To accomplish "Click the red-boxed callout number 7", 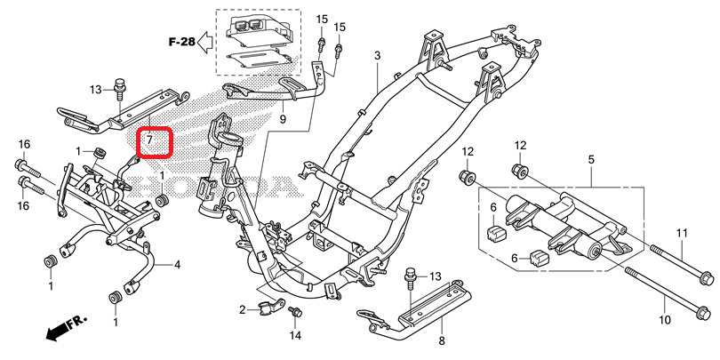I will pyautogui.click(x=151, y=140).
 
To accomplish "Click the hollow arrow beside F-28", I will pyautogui.click(x=204, y=41).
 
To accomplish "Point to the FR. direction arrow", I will pyautogui.click(x=59, y=331).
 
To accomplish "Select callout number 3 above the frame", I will pyautogui.click(x=377, y=56).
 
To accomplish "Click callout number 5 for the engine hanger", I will pyautogui.click(x=590, y=159).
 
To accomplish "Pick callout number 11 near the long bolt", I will pyautogui.click(x=683, y=233).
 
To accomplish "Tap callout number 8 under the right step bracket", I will pyautogui.click(x=442, y=340).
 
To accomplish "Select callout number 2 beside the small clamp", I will pyautogui.click(x=241, y=309).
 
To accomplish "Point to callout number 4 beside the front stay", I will pyautogui.click(x=177, y=265).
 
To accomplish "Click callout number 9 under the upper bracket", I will pyautogui.click(x=282, y=118).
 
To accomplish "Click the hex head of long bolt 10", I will pyautogui.click(x=701, y=313).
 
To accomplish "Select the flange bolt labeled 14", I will pyautogui.click(x=297, y=312).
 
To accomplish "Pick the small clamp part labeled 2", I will pyautogui.click(x=266, y=308).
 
